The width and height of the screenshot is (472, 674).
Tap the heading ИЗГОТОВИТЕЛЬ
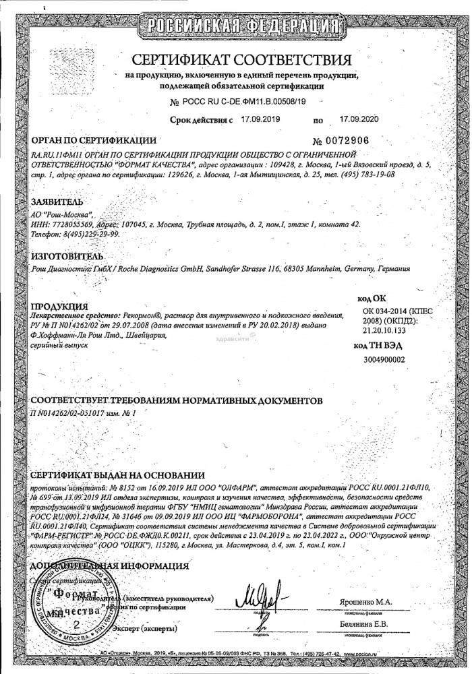[x=67, y=257]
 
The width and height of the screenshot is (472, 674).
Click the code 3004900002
[x=384, y=360]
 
